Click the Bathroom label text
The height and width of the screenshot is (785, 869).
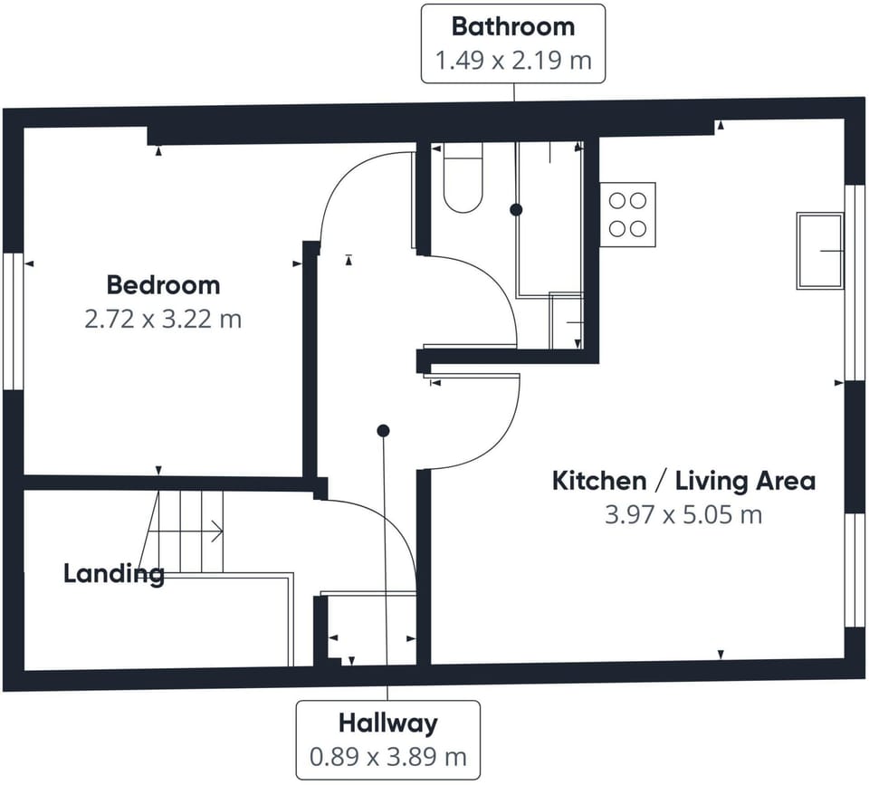513,26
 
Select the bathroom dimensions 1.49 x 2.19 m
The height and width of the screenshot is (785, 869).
513,62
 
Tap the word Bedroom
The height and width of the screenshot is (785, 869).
163,285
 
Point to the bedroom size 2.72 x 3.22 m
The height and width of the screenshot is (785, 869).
163,320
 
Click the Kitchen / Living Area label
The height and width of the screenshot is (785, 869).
683,480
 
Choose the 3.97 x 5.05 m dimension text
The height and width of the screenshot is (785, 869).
683,515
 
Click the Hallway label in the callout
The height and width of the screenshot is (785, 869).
387,723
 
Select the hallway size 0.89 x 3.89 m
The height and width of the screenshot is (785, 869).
387,757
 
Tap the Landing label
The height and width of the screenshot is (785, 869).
113,573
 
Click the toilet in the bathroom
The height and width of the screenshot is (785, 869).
463,180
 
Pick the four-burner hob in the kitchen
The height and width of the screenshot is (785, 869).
627,211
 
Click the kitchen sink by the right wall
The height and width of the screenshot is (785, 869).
819,251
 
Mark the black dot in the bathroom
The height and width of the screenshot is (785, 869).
516,209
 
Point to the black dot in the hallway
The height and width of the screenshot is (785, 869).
384,430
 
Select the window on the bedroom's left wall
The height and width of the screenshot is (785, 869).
12,321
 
